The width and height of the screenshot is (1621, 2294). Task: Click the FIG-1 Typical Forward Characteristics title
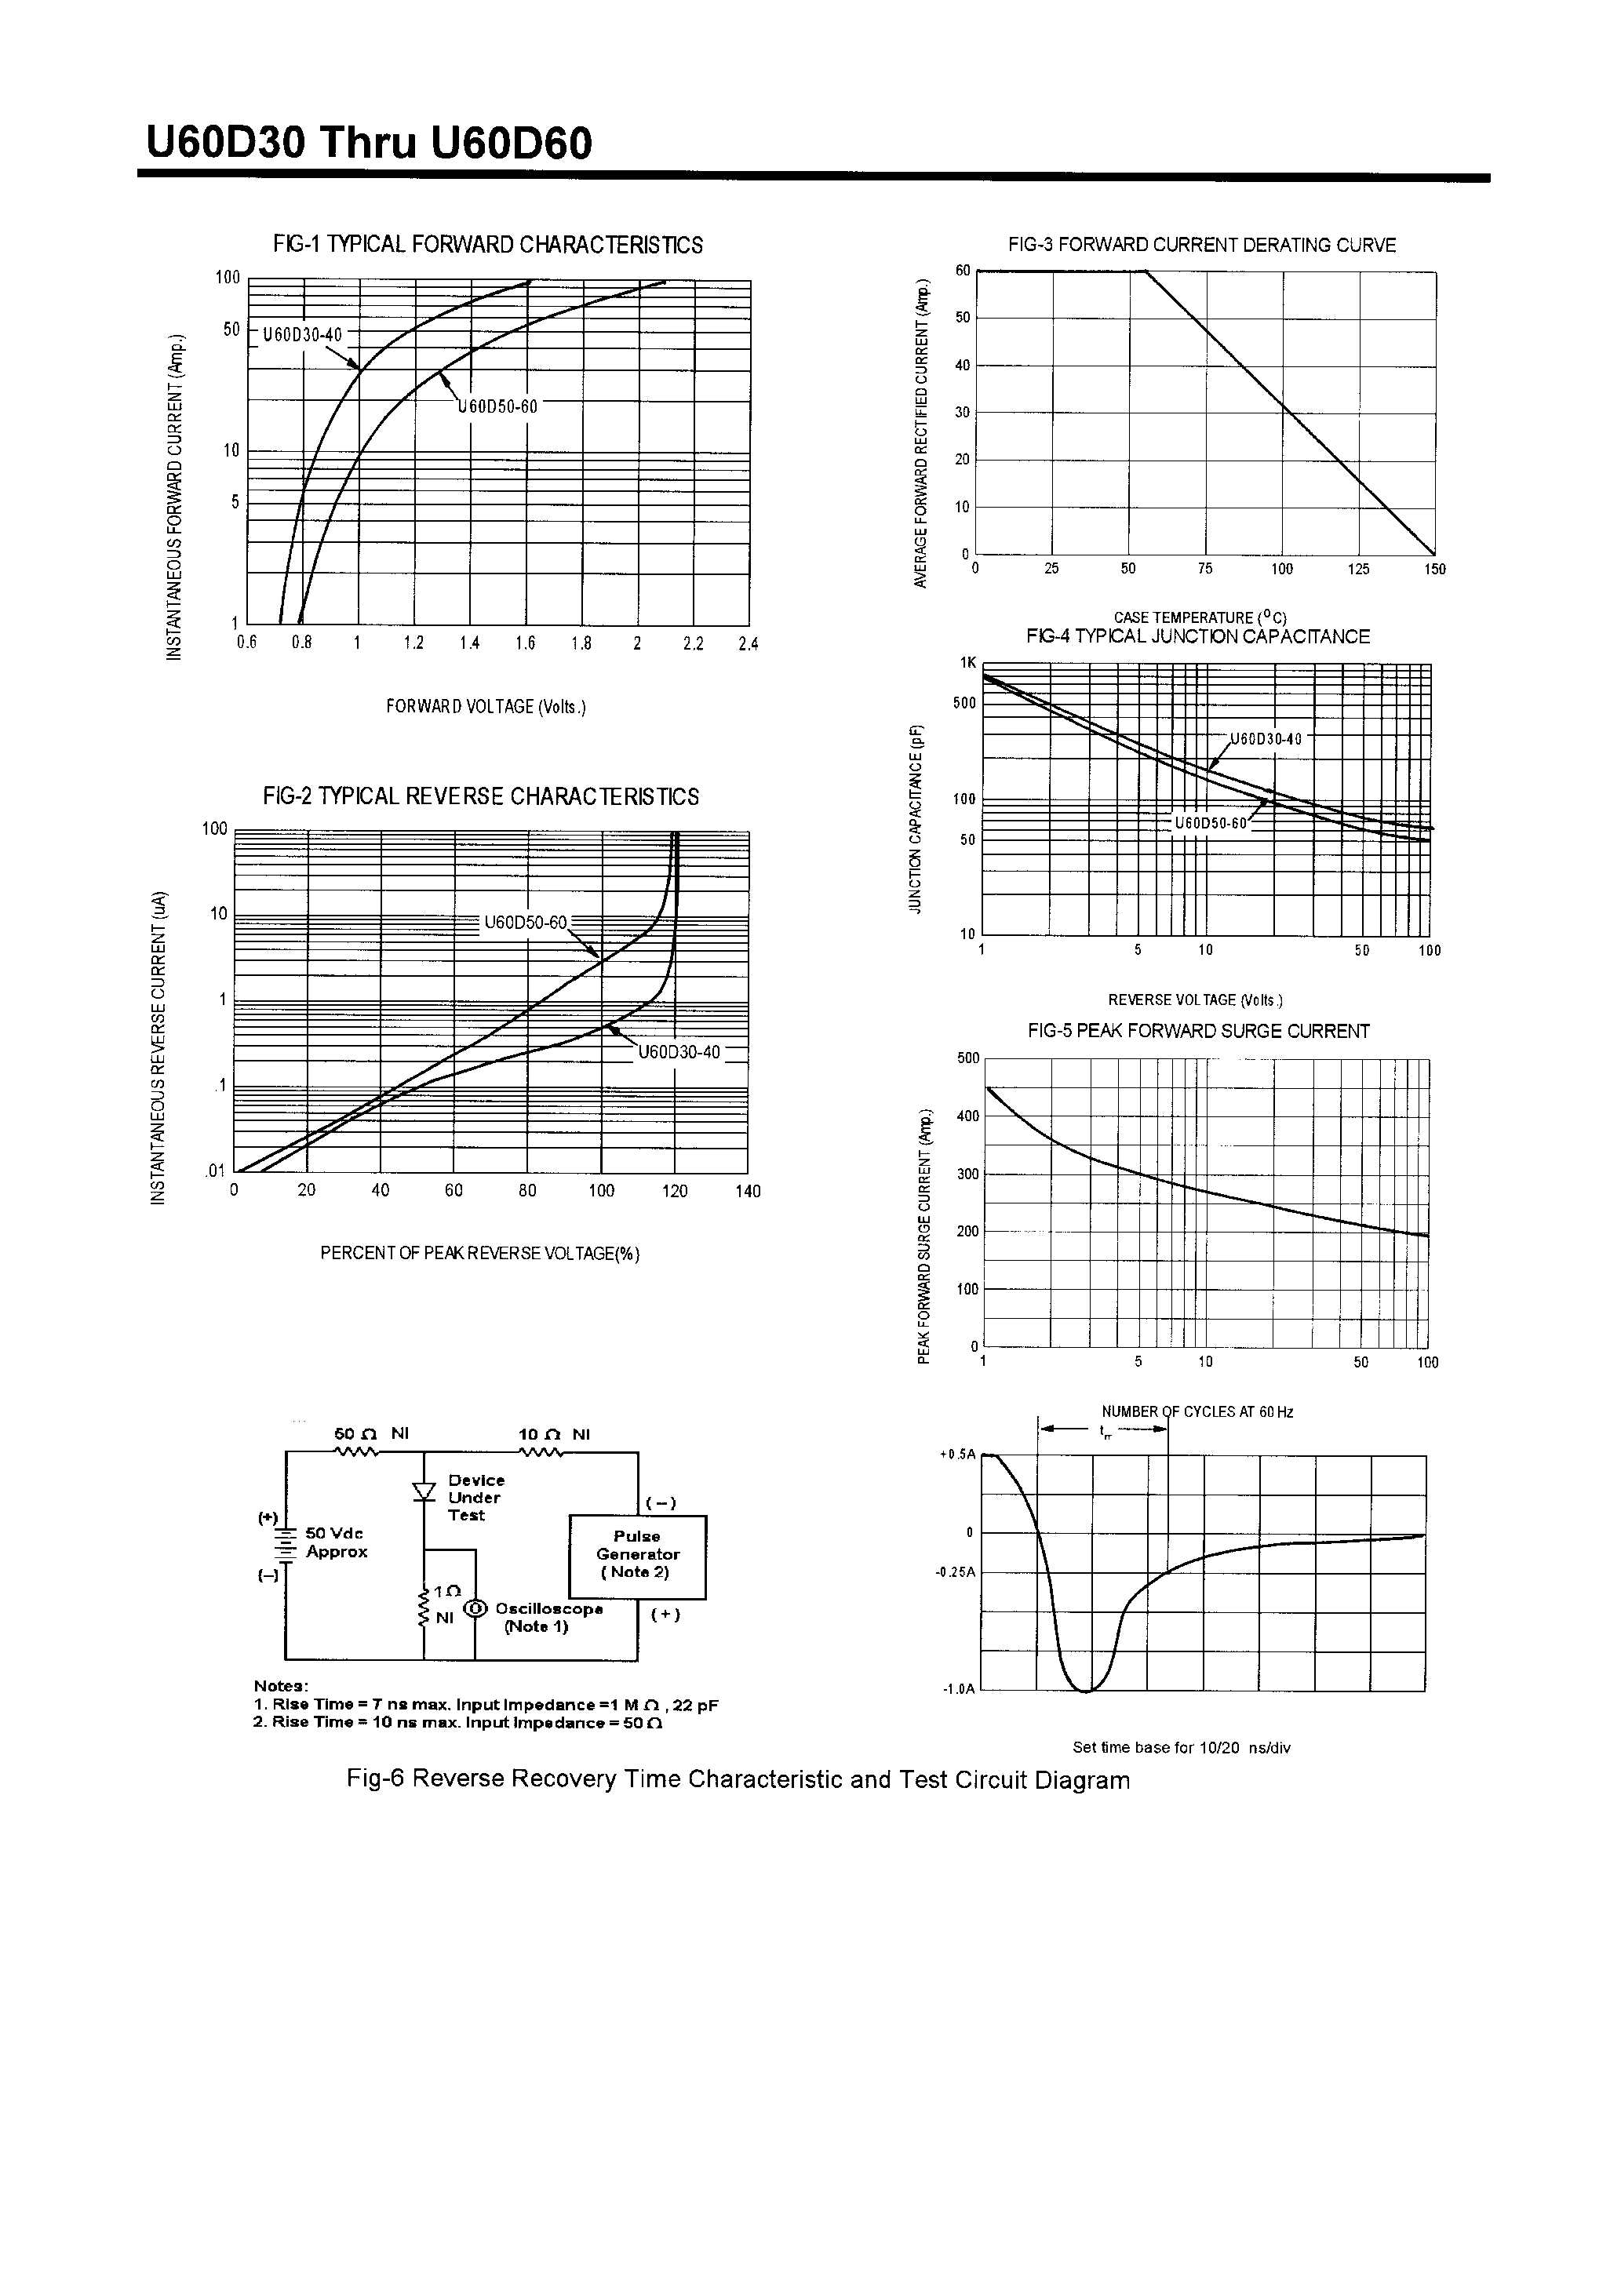488,245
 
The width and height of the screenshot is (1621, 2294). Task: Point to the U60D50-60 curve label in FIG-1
497,406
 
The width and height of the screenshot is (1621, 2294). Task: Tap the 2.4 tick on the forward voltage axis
748,644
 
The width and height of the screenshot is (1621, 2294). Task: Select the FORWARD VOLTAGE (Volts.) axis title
486,708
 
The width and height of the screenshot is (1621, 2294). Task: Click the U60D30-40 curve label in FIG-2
679,1052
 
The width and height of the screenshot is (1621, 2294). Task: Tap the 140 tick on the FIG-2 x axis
748,1191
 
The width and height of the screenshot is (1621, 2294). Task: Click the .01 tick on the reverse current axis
216,1171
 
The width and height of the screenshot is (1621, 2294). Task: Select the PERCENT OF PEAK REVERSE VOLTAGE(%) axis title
479,1253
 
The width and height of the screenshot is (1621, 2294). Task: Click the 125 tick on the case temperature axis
1358,570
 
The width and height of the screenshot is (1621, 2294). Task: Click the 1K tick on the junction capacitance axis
967,662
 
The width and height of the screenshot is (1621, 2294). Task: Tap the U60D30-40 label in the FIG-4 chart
1266,739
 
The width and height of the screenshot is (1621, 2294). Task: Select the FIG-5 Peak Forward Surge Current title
1198,1031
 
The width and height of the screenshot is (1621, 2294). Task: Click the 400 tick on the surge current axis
967,1116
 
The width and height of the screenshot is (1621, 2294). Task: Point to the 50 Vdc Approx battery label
336,1542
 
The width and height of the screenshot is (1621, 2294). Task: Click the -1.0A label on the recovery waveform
957,1691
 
